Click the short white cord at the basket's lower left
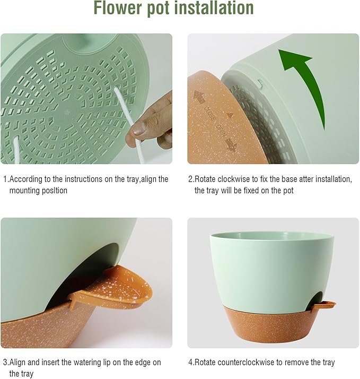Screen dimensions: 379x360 click(x=15, y=149)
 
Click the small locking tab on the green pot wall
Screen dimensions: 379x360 click(x=259, y=83)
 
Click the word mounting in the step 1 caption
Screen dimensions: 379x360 click(x=25, y=191)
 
